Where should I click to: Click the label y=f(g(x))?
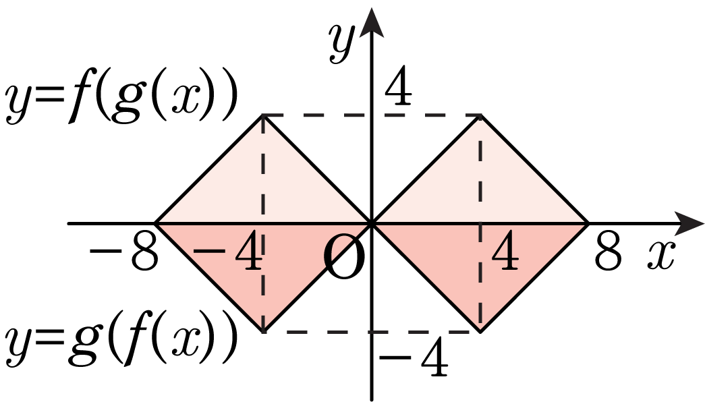[x=121, y=100]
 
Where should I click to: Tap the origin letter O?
[x=344, y=258]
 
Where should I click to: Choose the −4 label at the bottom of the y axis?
[x=414, y=358]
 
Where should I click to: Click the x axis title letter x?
[x=661, y=256]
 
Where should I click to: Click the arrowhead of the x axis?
[x=690, y=223]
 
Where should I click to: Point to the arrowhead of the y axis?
[x=371, y=22]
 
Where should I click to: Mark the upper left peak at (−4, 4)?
[x=263, y=115]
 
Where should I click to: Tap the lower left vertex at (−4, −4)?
[x=263, y=332]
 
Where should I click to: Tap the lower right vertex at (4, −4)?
[x=480, y=332]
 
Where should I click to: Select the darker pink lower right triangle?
[x=480, y=261]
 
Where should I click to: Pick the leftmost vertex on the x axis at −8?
[x=155, y=223]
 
